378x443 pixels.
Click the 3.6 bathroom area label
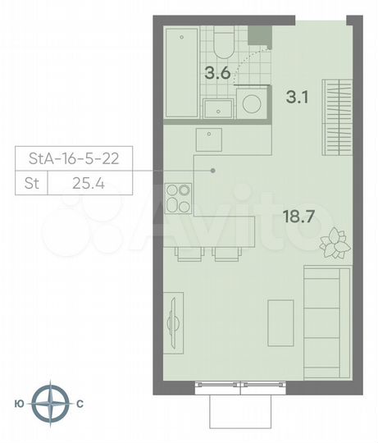(x=217, y=72)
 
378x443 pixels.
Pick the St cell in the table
(x=31, y=183)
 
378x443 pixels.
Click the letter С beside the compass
(x=80, y=404)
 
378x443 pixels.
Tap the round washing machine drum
(x=253, y=105)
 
